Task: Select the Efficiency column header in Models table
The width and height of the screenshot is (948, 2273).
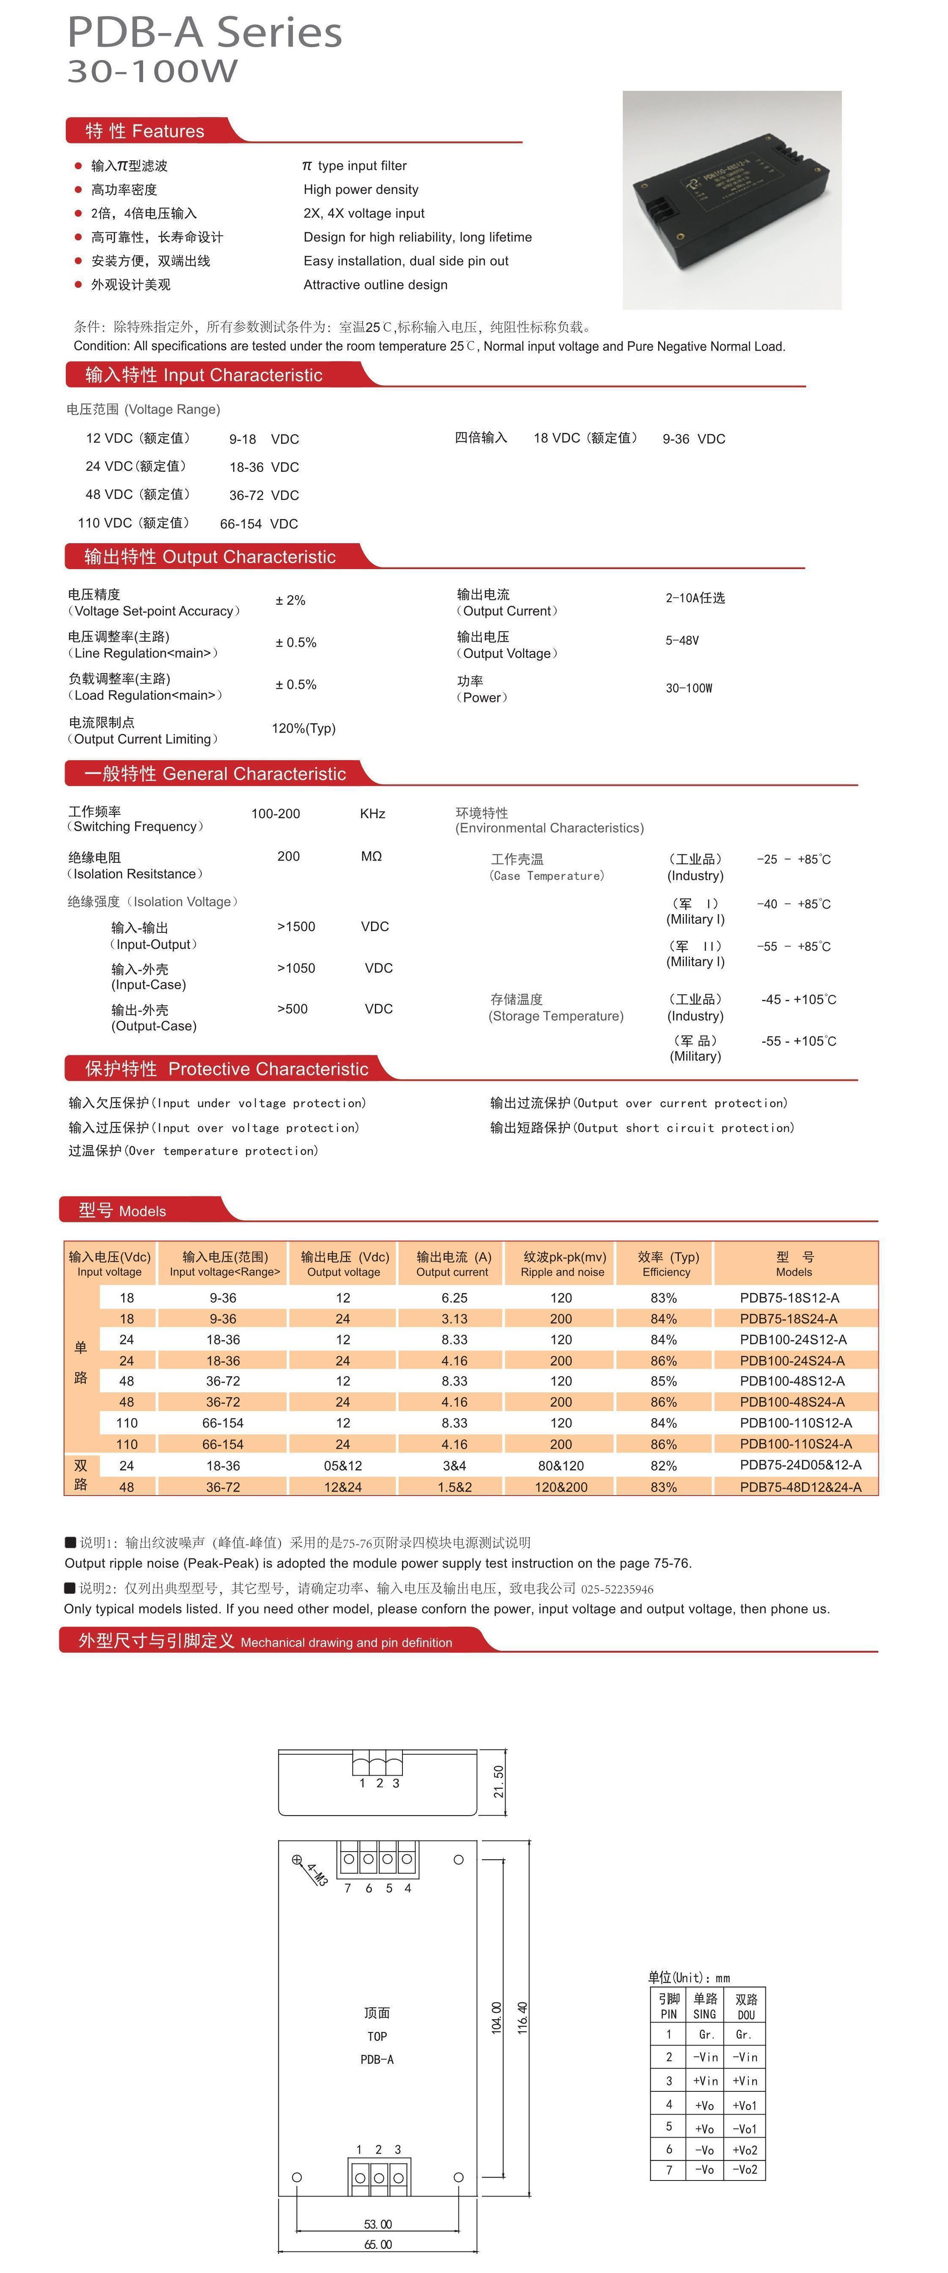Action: click(667, 1263)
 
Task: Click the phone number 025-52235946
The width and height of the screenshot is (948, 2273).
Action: click(617, 1589)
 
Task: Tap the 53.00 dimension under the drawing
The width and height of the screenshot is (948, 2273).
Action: click(378, 2225)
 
